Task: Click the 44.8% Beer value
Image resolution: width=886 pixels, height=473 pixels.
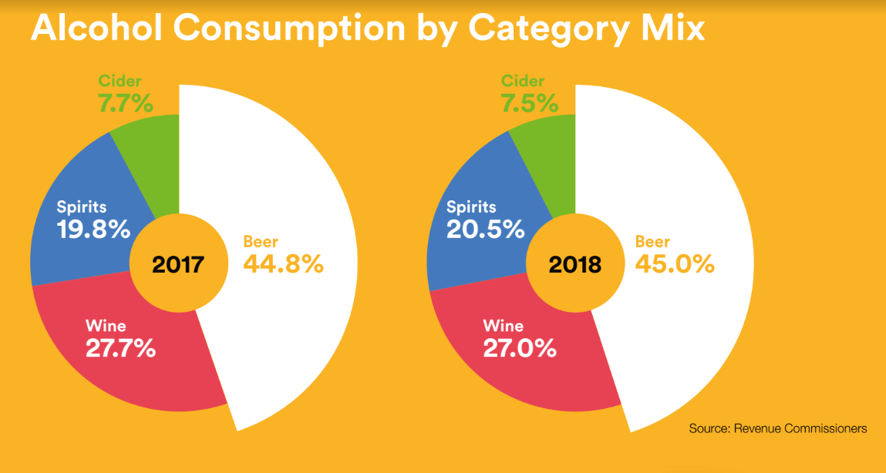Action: (x=283, y=263)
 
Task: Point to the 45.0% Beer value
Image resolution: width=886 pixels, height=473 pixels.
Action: (x=675, y=263)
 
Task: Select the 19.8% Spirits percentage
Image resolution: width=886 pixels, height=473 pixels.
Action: (x=93, y=230)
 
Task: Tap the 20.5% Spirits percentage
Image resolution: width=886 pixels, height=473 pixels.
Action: (x=485, y=230)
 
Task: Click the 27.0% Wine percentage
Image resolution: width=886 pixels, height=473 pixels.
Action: (x=519, y=348)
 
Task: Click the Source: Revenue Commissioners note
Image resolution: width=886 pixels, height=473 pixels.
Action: (x=778, y=428)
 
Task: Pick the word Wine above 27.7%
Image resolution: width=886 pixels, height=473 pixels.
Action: (x=106, y=326)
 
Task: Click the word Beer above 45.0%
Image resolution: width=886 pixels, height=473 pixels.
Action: (x=652, y=242)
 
